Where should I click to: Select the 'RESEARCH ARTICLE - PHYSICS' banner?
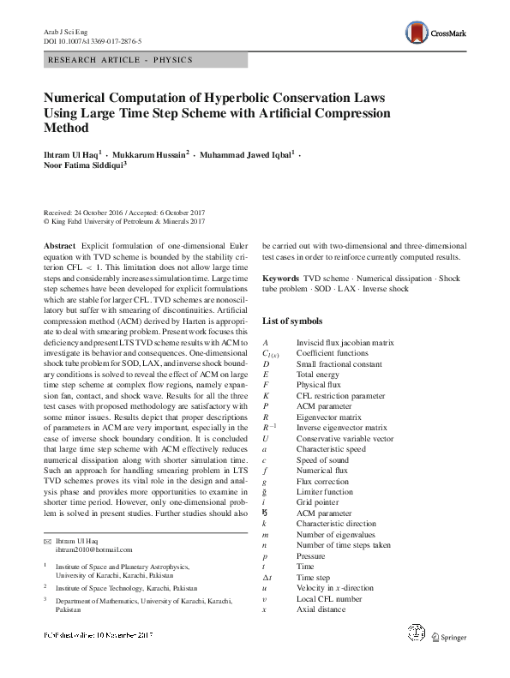[121, 60]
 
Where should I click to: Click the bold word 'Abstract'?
[59, 246]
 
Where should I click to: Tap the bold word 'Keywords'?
[280, 279]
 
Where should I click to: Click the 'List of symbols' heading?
[292, 321]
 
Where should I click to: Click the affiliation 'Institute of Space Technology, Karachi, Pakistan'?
[126, 588]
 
